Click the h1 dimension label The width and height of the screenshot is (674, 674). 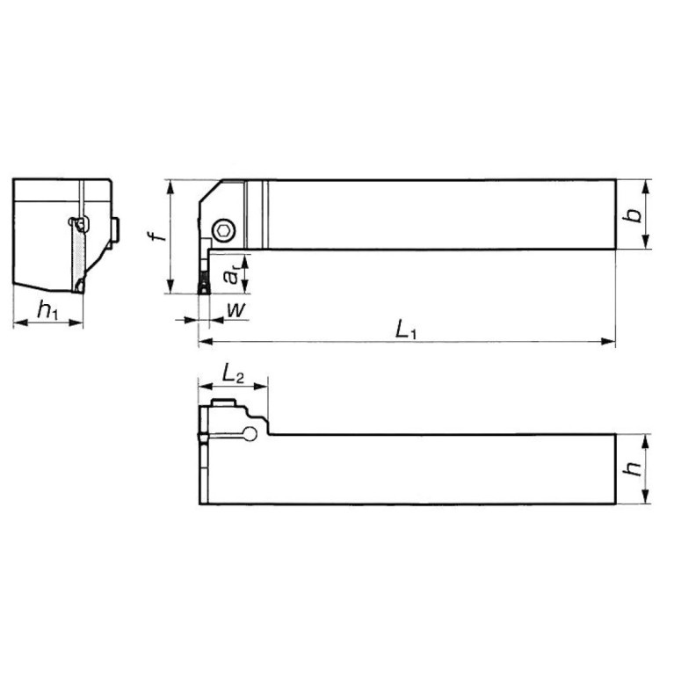point(49,308)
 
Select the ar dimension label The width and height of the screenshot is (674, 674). point(230,275)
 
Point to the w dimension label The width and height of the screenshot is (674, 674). point(236,308)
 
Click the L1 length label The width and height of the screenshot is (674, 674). point(405,330)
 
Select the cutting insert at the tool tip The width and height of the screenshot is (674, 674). point(203,283)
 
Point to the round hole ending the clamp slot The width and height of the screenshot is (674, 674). point(252,432)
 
